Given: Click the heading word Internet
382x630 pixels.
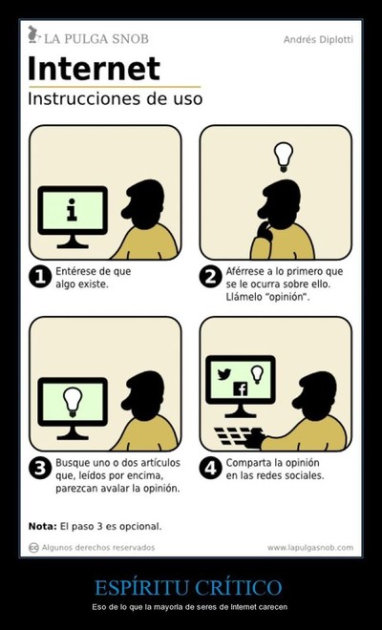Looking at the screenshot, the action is (94, 69).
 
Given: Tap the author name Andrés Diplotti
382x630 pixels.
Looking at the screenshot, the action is (318, 39).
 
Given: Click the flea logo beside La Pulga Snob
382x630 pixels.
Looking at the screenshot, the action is (33, 34).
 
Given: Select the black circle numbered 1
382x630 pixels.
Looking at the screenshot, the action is (40, 277).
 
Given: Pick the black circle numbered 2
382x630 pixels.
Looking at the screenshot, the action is (210, 277).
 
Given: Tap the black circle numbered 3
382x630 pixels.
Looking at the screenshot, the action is (40, 469).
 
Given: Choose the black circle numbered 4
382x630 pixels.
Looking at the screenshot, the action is (210, 469).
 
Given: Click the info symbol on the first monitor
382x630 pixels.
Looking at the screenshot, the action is (72, 210).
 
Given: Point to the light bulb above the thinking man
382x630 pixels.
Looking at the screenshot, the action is (284, 157).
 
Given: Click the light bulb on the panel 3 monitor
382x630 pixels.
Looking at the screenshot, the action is (73, 401).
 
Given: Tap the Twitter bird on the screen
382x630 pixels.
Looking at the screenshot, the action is (224, 374).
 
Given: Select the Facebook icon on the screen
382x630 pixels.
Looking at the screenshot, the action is (241, 388).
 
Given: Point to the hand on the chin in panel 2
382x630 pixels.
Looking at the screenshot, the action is (265, 231).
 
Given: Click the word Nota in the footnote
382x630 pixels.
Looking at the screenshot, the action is (43, 526).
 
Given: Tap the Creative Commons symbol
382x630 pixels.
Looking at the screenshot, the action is (33, 548).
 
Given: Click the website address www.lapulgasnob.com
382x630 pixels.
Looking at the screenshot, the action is (310, 548).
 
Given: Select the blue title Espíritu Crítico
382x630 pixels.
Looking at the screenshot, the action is (188, 587).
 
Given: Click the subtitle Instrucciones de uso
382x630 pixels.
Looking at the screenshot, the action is (115, 99).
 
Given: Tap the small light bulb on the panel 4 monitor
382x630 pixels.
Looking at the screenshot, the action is (257, 374).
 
